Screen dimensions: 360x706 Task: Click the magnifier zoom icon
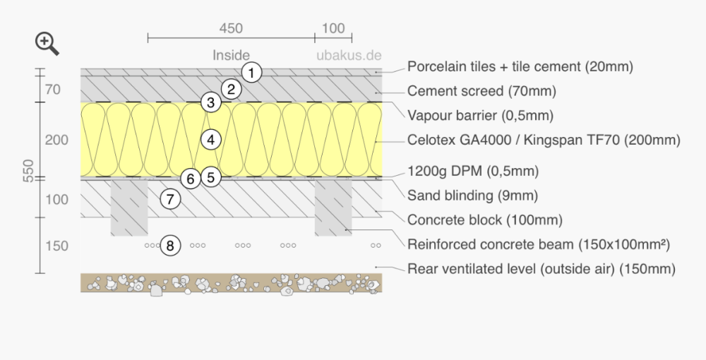[x=47, y=44]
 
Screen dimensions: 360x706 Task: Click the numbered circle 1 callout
[x=251, y=72]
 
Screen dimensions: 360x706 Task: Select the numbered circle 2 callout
[x=231, y=89]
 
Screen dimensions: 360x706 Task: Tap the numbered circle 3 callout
[x=210, y=102]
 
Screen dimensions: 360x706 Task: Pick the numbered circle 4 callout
[x=210, y=140]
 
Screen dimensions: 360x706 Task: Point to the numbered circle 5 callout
[x=210, y=177]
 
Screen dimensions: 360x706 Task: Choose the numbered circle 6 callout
[x=189, y=179]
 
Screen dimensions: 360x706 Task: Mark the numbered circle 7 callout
[x=169, y=199]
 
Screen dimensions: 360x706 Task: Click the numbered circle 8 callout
[x=170, y=246]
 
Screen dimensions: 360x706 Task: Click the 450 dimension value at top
[x=231, y=29]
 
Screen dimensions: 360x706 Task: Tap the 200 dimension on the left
[x=56, y=140]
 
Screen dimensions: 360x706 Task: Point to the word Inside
[x=231, y=55]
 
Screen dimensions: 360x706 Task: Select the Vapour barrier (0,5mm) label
[x=480, y=115]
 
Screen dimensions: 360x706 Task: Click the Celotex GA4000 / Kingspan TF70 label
[x=544, y=140]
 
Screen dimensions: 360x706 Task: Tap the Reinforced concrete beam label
[x=539, y=245]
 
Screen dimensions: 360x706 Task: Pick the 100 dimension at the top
[x=333, y=29]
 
